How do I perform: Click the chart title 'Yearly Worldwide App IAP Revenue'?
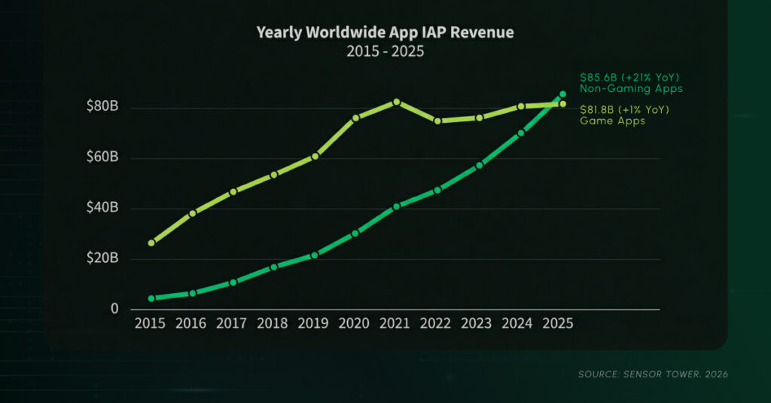385,32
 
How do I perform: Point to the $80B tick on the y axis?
102,107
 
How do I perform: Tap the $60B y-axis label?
102,157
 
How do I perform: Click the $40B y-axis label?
102,208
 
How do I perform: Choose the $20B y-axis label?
102,258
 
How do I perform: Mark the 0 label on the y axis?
114,309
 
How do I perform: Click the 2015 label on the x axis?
151,324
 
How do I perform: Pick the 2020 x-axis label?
354,324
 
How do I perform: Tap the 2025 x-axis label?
557,324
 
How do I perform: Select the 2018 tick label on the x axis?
273,324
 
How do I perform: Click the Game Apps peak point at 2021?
396,102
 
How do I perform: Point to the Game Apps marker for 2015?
151,243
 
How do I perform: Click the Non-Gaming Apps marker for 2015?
151,298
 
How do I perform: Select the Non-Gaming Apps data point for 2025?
562,94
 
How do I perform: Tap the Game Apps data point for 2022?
437,121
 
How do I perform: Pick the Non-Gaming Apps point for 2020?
355,234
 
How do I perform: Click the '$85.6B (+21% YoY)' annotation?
629,77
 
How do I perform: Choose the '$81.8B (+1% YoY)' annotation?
624,110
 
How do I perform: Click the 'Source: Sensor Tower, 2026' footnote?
651,374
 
